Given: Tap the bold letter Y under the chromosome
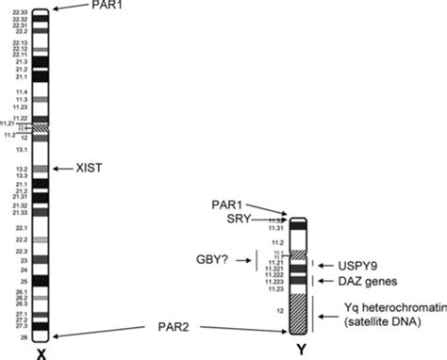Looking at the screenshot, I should point(299,352).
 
